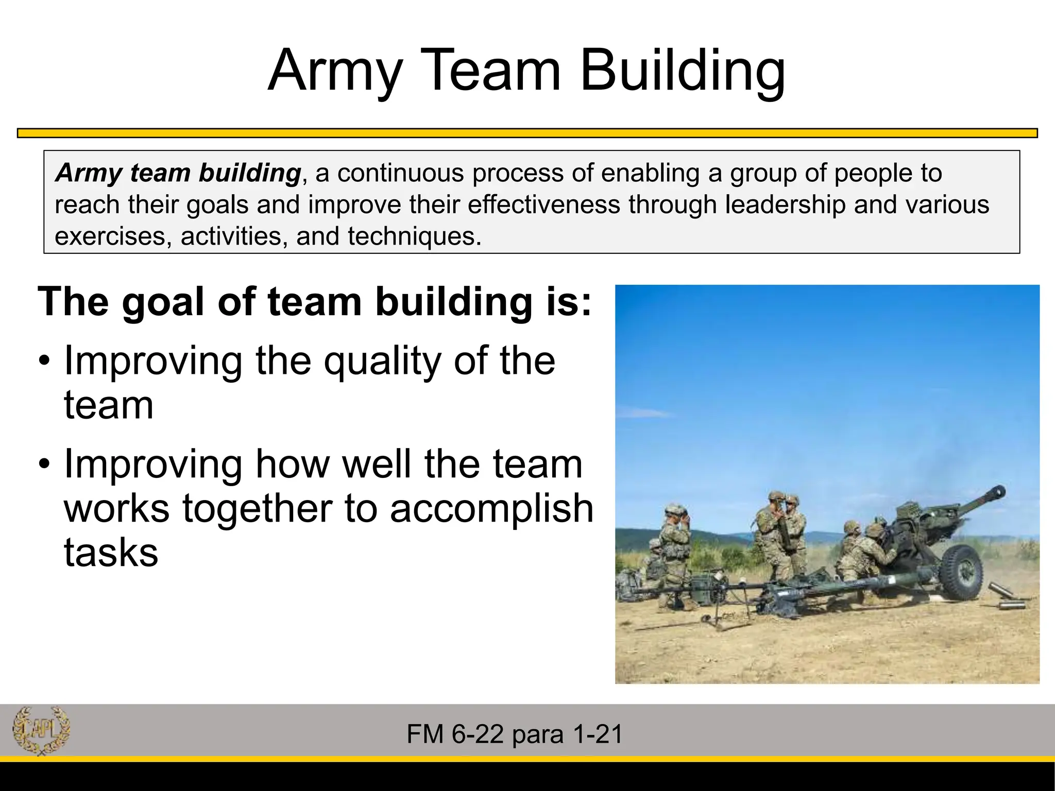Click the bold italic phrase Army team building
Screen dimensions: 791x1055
[178, 173]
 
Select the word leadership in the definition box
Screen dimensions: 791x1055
[785, 204]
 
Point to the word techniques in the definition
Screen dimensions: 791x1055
[414, 236]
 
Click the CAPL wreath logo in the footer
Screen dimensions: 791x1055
[41, 730]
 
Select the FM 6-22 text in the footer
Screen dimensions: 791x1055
[454, 734]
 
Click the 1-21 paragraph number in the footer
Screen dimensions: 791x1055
[598, 734]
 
